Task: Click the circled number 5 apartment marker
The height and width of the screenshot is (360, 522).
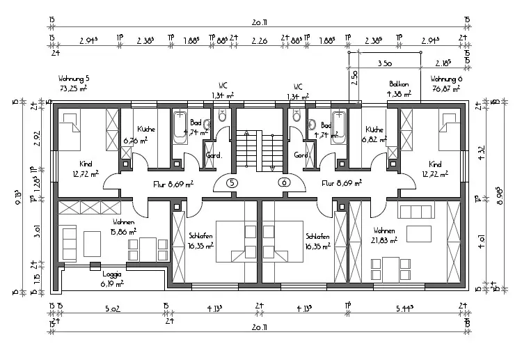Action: (x=233, y=182)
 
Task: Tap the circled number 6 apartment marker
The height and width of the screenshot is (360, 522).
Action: (x=283, y=182)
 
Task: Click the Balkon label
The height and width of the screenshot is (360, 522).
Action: (x=399, y=84)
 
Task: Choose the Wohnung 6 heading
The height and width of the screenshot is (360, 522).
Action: (x=446, y=79)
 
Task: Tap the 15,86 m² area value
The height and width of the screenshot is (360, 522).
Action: (x=123, y=232)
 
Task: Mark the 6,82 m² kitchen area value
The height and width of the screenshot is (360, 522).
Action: (x=374, y=139)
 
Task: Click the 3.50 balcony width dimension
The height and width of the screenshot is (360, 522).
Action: (x=383, y=63)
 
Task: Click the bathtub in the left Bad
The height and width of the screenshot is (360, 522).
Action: (x=180, y=126)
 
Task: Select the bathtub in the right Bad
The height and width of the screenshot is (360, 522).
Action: (x=339, y=126)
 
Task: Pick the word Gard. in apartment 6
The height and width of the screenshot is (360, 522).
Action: (x=301, y=155)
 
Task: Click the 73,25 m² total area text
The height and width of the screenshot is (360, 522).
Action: (x=73, y=89)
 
